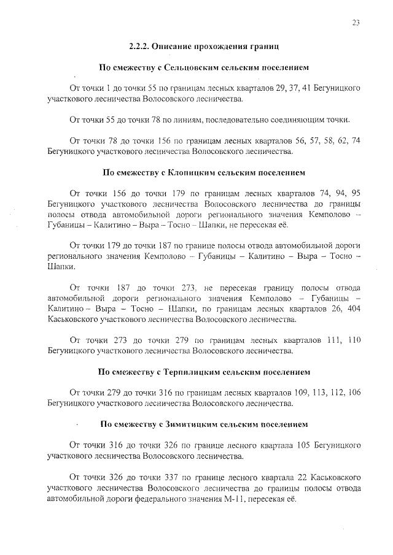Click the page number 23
point(356,23)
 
